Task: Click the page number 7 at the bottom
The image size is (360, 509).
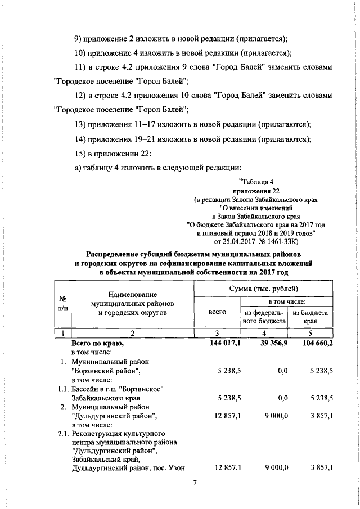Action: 194,483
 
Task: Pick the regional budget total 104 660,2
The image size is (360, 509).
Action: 314,343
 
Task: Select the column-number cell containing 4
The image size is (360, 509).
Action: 265,332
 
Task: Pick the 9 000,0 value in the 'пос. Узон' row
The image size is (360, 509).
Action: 275,467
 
